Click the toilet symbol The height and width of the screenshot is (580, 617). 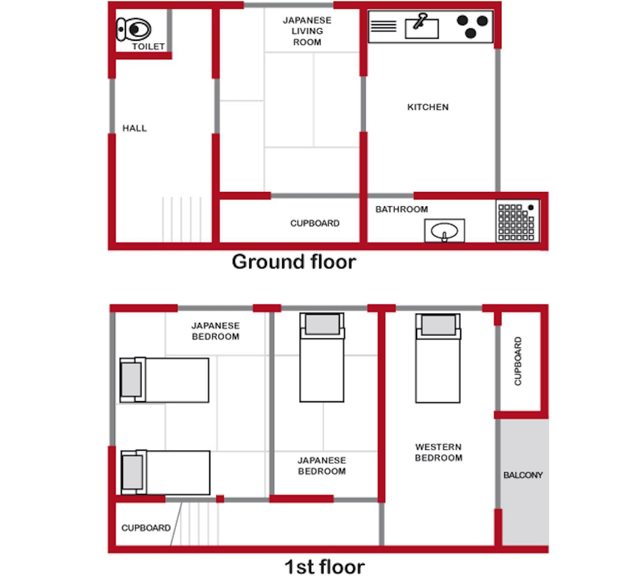click(x=134, y=29)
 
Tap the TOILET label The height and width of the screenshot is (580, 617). click(x=148, y=47)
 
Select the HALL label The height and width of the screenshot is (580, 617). click(x=135, y=128)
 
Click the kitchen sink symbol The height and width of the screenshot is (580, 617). click(x=422, y=26)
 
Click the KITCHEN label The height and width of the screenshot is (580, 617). click(x=428, y=107)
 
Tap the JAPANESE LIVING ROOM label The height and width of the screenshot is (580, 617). click(x=307, y=31)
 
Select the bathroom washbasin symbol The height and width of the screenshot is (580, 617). click(x=445, y=231)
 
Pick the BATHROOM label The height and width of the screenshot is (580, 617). click(x=401, y=209)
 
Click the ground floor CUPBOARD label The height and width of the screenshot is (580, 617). click(x=315, y=223)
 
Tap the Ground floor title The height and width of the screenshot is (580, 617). click(x=294, y=262)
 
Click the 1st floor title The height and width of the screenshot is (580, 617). click(x=325, y=567)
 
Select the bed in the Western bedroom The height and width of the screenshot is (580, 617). click(x=438, y=358)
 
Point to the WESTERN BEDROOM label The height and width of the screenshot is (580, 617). click(x=438, y=452)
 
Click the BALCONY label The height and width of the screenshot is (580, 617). click(x=523, y=475)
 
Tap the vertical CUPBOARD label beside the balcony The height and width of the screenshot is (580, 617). click(x=517, y=361)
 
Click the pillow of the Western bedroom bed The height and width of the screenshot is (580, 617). click(x=438, y=325)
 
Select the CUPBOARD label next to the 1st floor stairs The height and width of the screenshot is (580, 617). click(x=146, y=528)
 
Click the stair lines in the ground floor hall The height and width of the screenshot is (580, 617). click(x=182, y=220)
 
